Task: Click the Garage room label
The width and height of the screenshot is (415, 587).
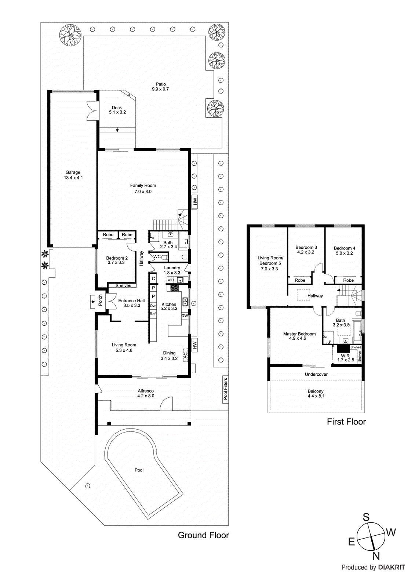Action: pos(73,172)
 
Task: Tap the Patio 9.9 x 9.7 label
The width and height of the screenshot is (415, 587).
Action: pos(160,87)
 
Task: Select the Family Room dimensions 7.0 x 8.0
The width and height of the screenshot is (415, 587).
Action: pos(143,192)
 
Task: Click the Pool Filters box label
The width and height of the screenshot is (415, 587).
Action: pos(225,389)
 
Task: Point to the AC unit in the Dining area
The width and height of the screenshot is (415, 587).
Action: pos(185,355)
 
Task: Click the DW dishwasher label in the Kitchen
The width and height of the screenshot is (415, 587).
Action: pos(184,316)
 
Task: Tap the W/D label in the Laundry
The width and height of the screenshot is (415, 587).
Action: pos(171,280)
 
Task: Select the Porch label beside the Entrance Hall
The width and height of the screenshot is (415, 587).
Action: pos(100,300)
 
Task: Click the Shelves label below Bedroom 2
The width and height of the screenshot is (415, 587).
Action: pos(123,285)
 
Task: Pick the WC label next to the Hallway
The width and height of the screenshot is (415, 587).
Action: pos(157,257)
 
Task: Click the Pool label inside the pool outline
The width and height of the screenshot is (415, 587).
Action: pos(139,470)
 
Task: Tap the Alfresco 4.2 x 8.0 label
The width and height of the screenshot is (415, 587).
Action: pos(146,393)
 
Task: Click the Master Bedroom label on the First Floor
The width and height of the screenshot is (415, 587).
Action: pos(299,334)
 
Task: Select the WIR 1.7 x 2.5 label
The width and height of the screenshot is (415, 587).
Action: pos(346,358)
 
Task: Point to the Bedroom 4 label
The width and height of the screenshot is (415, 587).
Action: pos(345,248)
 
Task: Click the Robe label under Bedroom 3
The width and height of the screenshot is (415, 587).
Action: pos(300,280)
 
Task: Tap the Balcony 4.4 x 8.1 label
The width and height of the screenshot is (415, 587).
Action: pos(316,394)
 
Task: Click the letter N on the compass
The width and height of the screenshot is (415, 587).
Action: pos(376,556)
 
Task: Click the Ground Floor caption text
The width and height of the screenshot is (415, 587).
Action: pos(203,535)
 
